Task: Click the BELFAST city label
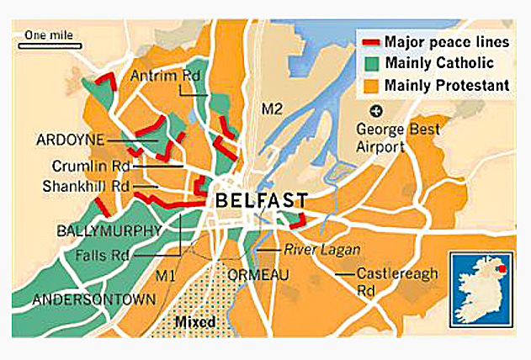(x=262, y=200)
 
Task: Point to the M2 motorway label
(x=272, y=109)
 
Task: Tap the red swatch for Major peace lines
(x=370, y=41)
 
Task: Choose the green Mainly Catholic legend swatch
(x=370, y=62)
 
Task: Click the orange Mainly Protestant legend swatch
(x=370, y=84)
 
